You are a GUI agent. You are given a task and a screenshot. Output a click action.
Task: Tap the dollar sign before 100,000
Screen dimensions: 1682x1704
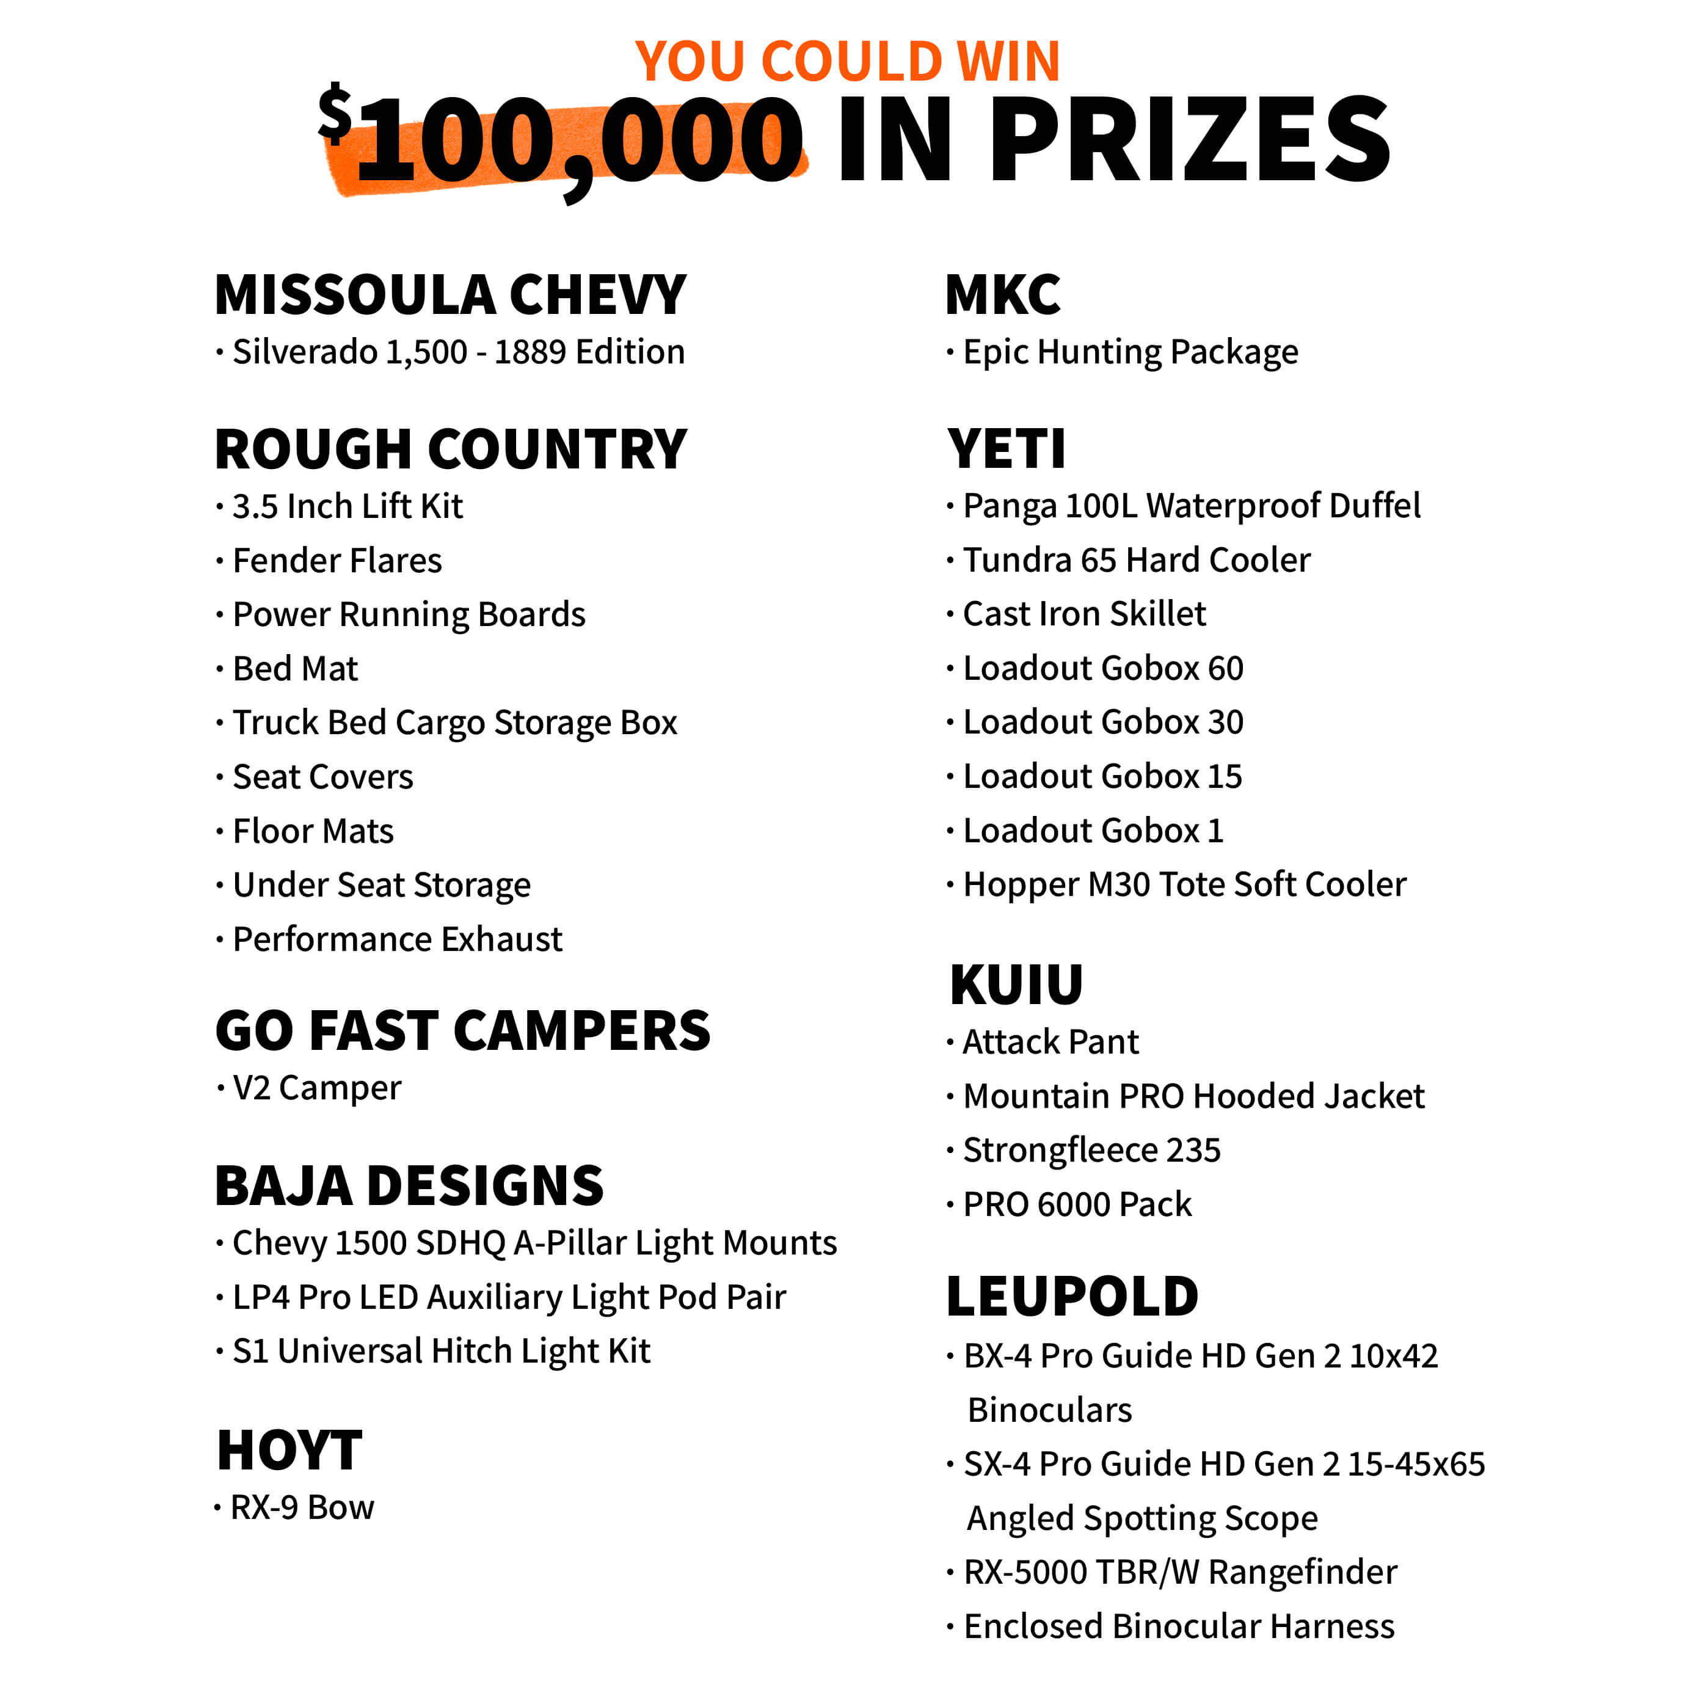coord(335,113)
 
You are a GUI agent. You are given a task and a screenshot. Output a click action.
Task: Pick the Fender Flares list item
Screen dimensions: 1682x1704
coord(337,561)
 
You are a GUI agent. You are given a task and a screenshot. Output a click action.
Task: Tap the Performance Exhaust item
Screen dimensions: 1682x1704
coord(397,939)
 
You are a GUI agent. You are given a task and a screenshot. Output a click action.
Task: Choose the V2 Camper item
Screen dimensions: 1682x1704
coord(316,1088)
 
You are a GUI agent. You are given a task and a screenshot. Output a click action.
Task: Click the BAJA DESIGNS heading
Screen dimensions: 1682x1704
coord(409,1185)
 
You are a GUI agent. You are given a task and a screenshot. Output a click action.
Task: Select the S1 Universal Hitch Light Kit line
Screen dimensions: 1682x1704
coord(441,1351)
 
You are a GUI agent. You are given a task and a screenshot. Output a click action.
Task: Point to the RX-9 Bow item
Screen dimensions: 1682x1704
coord(302,1507)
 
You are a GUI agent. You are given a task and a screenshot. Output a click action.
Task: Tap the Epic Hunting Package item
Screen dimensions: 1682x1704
coord(1130,352)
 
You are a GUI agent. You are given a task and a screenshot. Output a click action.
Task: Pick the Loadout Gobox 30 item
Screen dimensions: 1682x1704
coord(1102,723)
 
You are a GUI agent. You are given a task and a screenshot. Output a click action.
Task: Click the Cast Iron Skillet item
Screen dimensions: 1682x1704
coord(1084,614)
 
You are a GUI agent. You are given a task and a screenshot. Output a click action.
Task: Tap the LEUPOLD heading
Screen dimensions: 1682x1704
coord(1072,1297)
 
